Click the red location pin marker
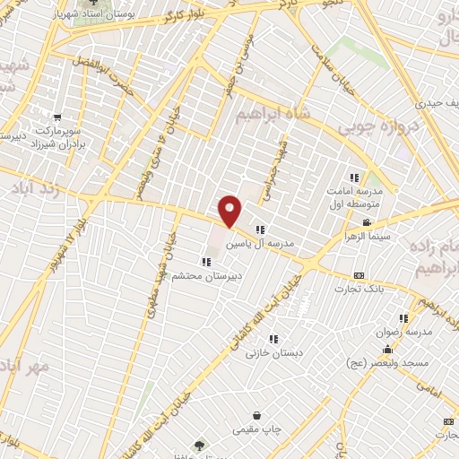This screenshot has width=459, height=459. tap(231, 211)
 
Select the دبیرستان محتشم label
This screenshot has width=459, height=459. tap(209, 277)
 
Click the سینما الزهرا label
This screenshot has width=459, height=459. tap(366, 237)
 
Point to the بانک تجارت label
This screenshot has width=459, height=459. tap(361, 289)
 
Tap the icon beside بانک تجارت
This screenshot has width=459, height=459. tap(359, 274)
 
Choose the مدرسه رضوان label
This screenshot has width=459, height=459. tap(409, 332)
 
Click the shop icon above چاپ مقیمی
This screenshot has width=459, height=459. tap(257, 416)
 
